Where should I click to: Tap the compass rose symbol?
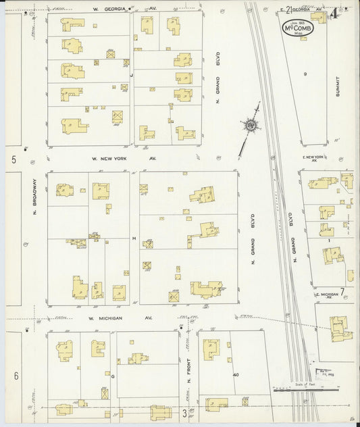(251, 125)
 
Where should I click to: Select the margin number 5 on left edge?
(14, 159)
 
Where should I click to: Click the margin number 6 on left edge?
(15, 376)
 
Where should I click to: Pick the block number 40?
(236, 374)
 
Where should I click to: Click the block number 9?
(305, 73)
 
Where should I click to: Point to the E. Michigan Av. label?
(326, 297)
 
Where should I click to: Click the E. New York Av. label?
(315, 159)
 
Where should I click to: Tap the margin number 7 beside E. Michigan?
(342, 291)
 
